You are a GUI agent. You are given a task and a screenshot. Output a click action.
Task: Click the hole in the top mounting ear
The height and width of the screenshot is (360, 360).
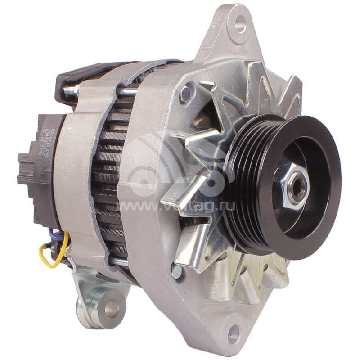click(241, 24)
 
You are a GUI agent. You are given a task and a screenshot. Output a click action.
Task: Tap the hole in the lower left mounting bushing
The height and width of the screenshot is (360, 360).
click(111, 308)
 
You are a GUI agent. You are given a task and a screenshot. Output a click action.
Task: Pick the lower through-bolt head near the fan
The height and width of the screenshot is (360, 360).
click(176, 270)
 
